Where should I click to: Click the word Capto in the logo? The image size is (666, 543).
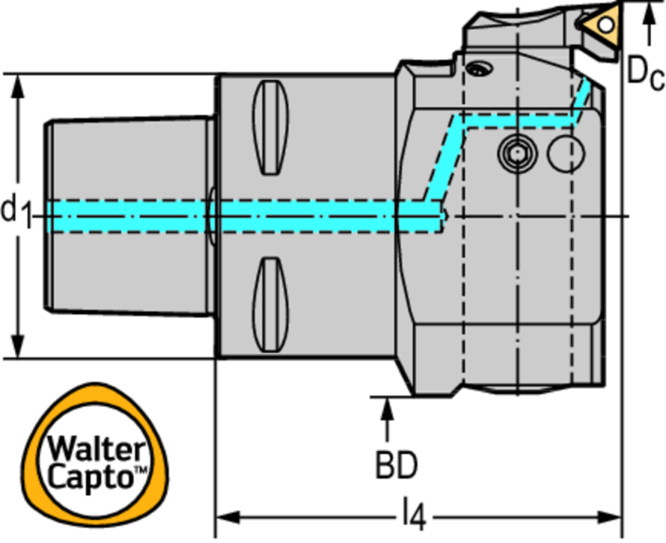pyautogui.click(x=90, y=478)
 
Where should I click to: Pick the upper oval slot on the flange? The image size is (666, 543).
pyautogui.click(x=271, y=127)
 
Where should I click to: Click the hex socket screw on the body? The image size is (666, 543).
pyautogui.click(x=515, y=152)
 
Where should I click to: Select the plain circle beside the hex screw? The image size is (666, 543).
pyautogui.click(x=564, y=152)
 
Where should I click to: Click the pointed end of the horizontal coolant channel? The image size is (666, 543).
pyautogui.click(x=447, y=217)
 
